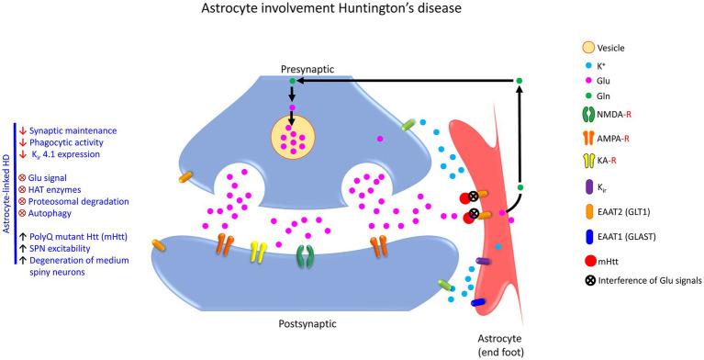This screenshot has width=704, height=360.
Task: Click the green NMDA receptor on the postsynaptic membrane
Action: [x=300, y=253]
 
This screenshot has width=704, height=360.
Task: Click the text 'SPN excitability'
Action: [x=69, y=248]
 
